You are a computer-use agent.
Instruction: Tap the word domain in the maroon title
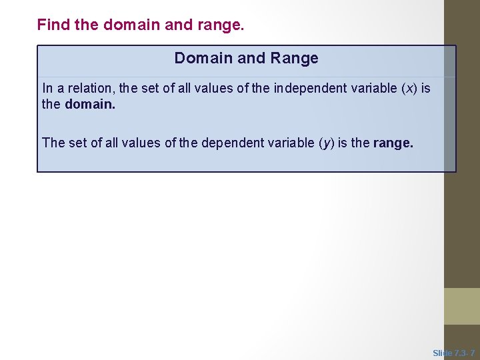129,25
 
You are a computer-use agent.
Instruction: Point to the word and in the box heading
251,59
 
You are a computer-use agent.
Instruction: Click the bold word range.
393,143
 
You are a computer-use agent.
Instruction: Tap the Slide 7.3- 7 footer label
454,353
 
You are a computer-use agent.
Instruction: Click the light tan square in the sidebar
462,306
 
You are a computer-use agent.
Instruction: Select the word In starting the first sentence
47,89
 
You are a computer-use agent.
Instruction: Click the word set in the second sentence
77,143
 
